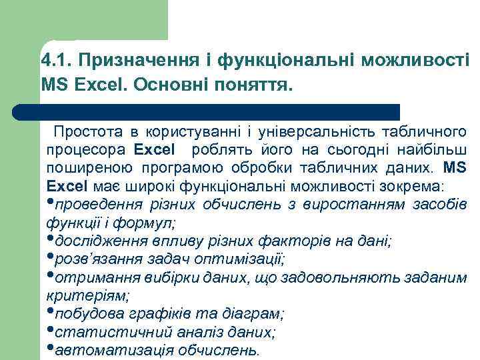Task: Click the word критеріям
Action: [x=87, y=294]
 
